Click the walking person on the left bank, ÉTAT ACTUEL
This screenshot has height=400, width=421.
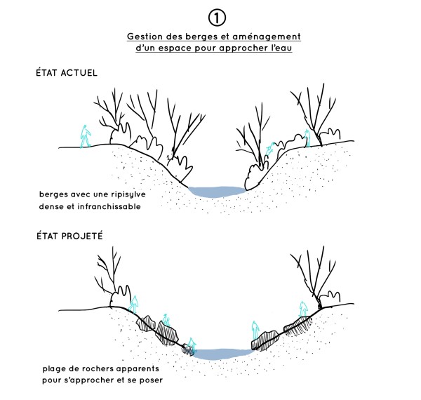click(86, 135)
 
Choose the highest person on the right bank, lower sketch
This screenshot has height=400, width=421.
click(303, 309)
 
